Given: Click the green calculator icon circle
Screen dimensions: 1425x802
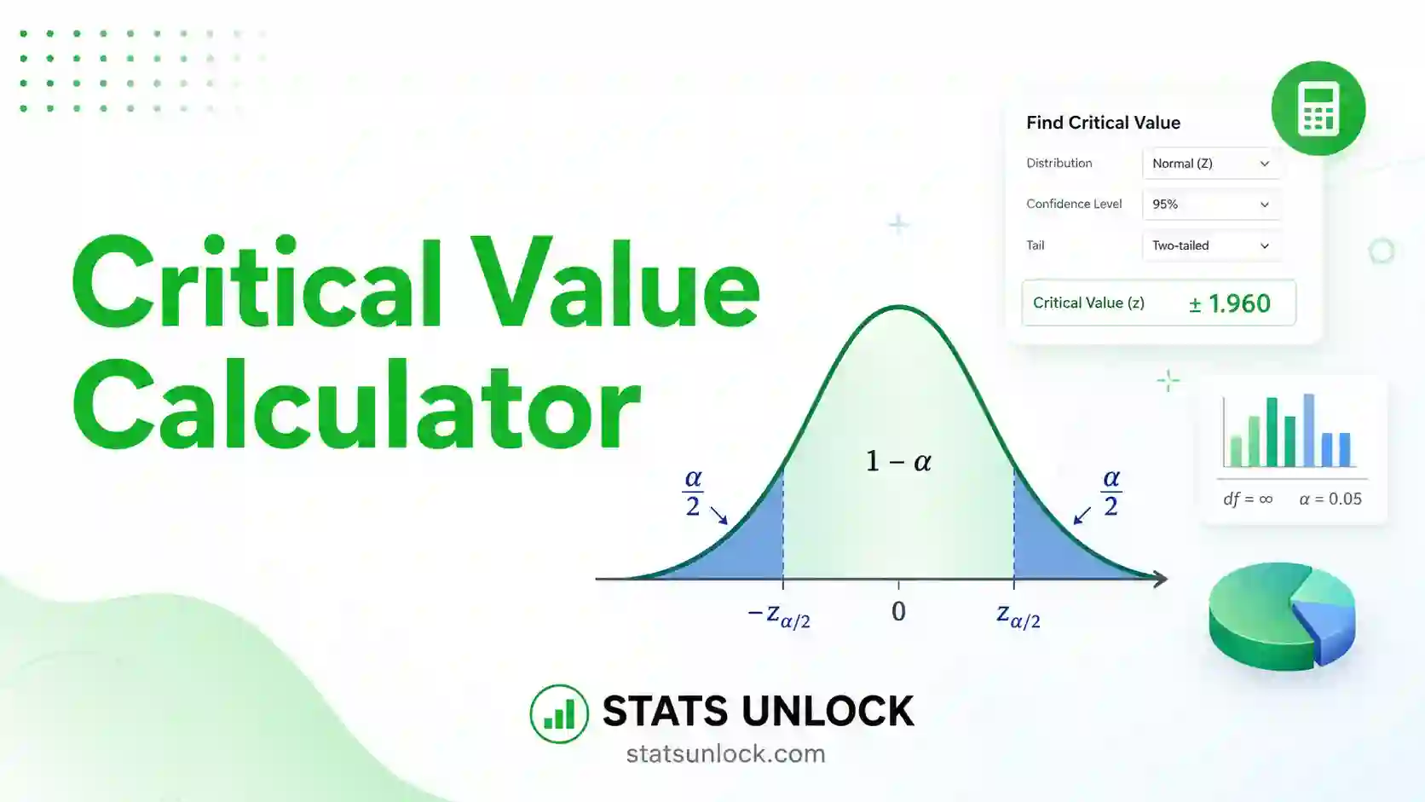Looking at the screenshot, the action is (x=1318, y=108).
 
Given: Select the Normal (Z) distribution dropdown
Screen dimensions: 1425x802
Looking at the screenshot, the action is (x=1211, y=164).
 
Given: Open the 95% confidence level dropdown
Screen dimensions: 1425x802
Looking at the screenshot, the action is (x=1211, y=205).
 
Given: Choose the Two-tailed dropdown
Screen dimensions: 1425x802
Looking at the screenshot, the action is (x=1211, y=245).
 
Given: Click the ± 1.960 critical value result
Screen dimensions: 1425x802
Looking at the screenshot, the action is (x=1229, y=303).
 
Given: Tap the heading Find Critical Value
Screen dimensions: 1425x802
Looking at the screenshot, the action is (x=1103, y=123).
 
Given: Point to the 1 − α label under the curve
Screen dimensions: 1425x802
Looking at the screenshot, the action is (x=898, y=461).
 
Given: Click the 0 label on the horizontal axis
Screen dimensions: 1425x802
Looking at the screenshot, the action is (x=898, y=611).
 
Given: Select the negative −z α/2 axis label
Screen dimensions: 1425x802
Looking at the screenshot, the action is (x=779, y=615).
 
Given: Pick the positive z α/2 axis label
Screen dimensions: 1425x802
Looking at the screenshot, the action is (x=1018, y=615).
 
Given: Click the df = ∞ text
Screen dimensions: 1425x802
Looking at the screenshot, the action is (x=1248, y=499).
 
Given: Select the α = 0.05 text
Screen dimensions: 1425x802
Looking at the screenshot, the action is (x=1330, y=499).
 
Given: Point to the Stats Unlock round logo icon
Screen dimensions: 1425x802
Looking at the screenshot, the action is (x=559, y=713).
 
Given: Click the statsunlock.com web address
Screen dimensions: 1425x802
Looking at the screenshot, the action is (x=726, y=754).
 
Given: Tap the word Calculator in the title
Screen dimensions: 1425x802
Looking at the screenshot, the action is (x=357, y=405).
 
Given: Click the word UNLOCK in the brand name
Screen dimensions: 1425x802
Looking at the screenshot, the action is (x=828, y=711).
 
